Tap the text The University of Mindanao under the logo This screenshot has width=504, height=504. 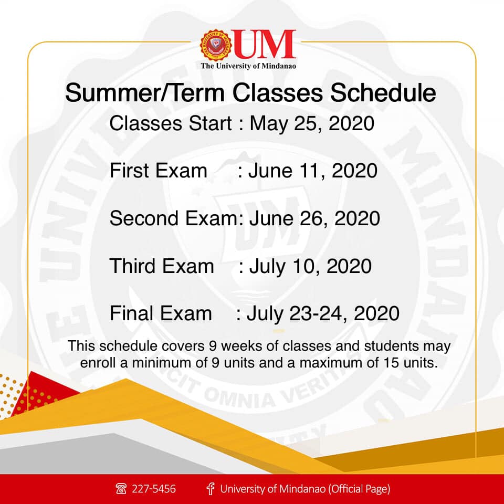pos(248,66)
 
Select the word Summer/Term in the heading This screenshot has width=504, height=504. pos(145,93)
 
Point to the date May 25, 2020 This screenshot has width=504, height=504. pos(312,124)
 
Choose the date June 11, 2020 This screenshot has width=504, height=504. pos(313,171)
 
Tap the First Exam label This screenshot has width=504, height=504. pos(159,171)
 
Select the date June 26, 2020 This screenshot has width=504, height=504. pos(314,218)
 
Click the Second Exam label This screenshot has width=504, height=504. pos(174,218)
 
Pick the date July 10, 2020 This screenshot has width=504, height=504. pos(310,266)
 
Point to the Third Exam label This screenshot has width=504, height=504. pos(162,266)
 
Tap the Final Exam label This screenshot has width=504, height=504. pos(161,313)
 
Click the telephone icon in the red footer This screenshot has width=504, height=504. pos(121,489)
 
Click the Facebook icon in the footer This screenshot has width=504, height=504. pos(211,489)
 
